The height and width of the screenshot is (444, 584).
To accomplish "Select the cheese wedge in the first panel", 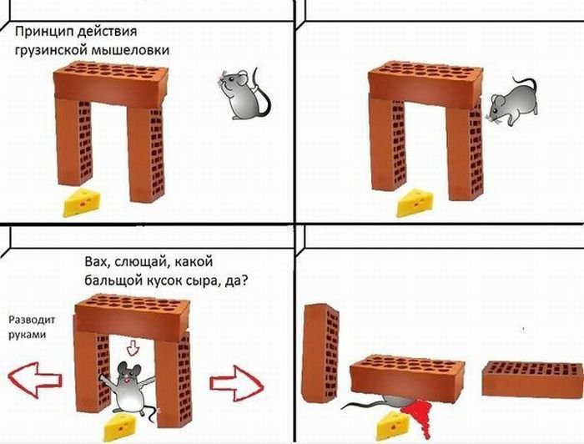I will [x=81, y=202].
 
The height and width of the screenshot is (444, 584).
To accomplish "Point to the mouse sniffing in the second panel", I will [x=511, y=103].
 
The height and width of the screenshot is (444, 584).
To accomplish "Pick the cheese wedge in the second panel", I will [x=415, y=203].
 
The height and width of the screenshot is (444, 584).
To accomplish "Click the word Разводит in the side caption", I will [x=32, y=320].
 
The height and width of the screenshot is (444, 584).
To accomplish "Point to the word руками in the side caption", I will [x=28, y=334].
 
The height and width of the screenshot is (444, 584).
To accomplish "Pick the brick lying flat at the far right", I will [x=532, y=379].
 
